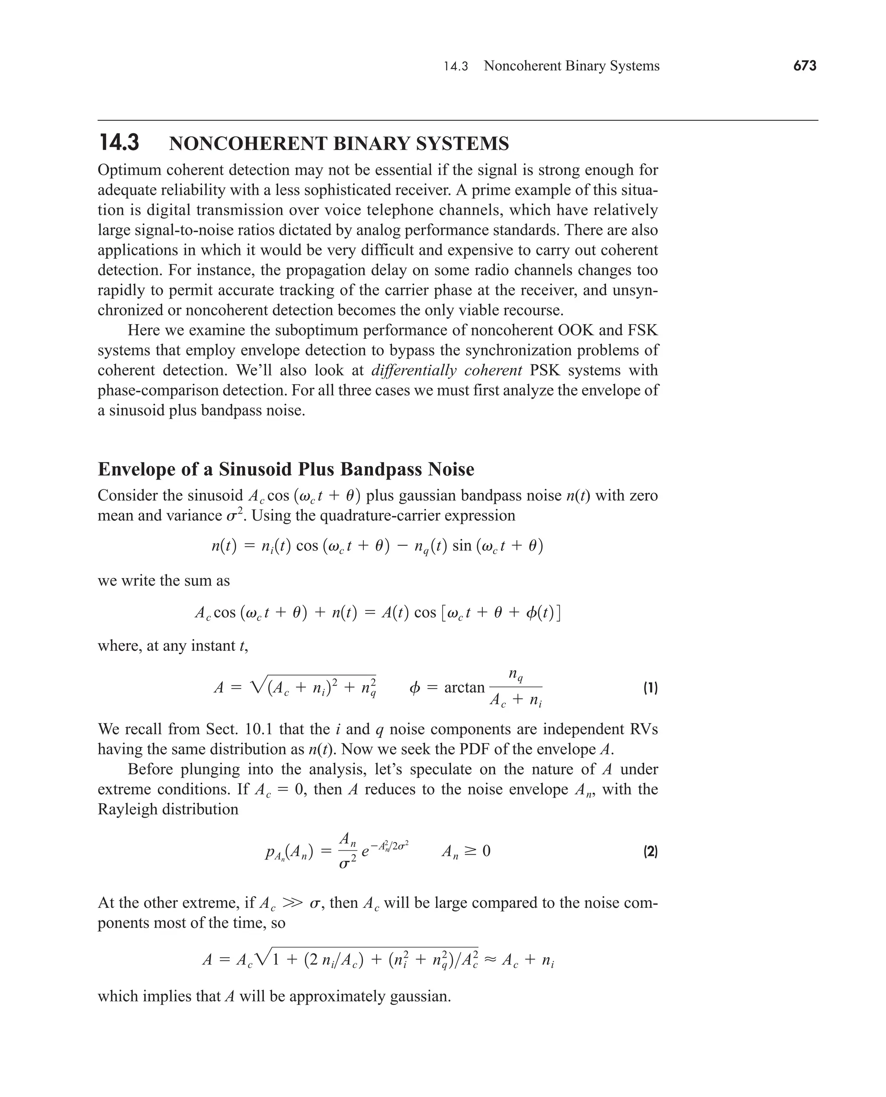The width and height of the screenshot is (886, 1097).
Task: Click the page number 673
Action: pyautogui.click(x=804, y=66)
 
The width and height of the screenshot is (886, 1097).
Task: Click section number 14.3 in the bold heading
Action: pyautogui.click(x=119, y=143)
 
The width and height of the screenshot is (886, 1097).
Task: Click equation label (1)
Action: pyautogui.click(x=650, y=688)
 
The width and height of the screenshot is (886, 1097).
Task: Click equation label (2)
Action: pyautogui.click(x=650, y=852)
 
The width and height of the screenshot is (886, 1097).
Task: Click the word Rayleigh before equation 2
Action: pyautogui.click(x=127, y=810)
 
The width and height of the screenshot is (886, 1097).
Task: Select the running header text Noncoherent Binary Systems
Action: pyautogui.click(x=571, y=66)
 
